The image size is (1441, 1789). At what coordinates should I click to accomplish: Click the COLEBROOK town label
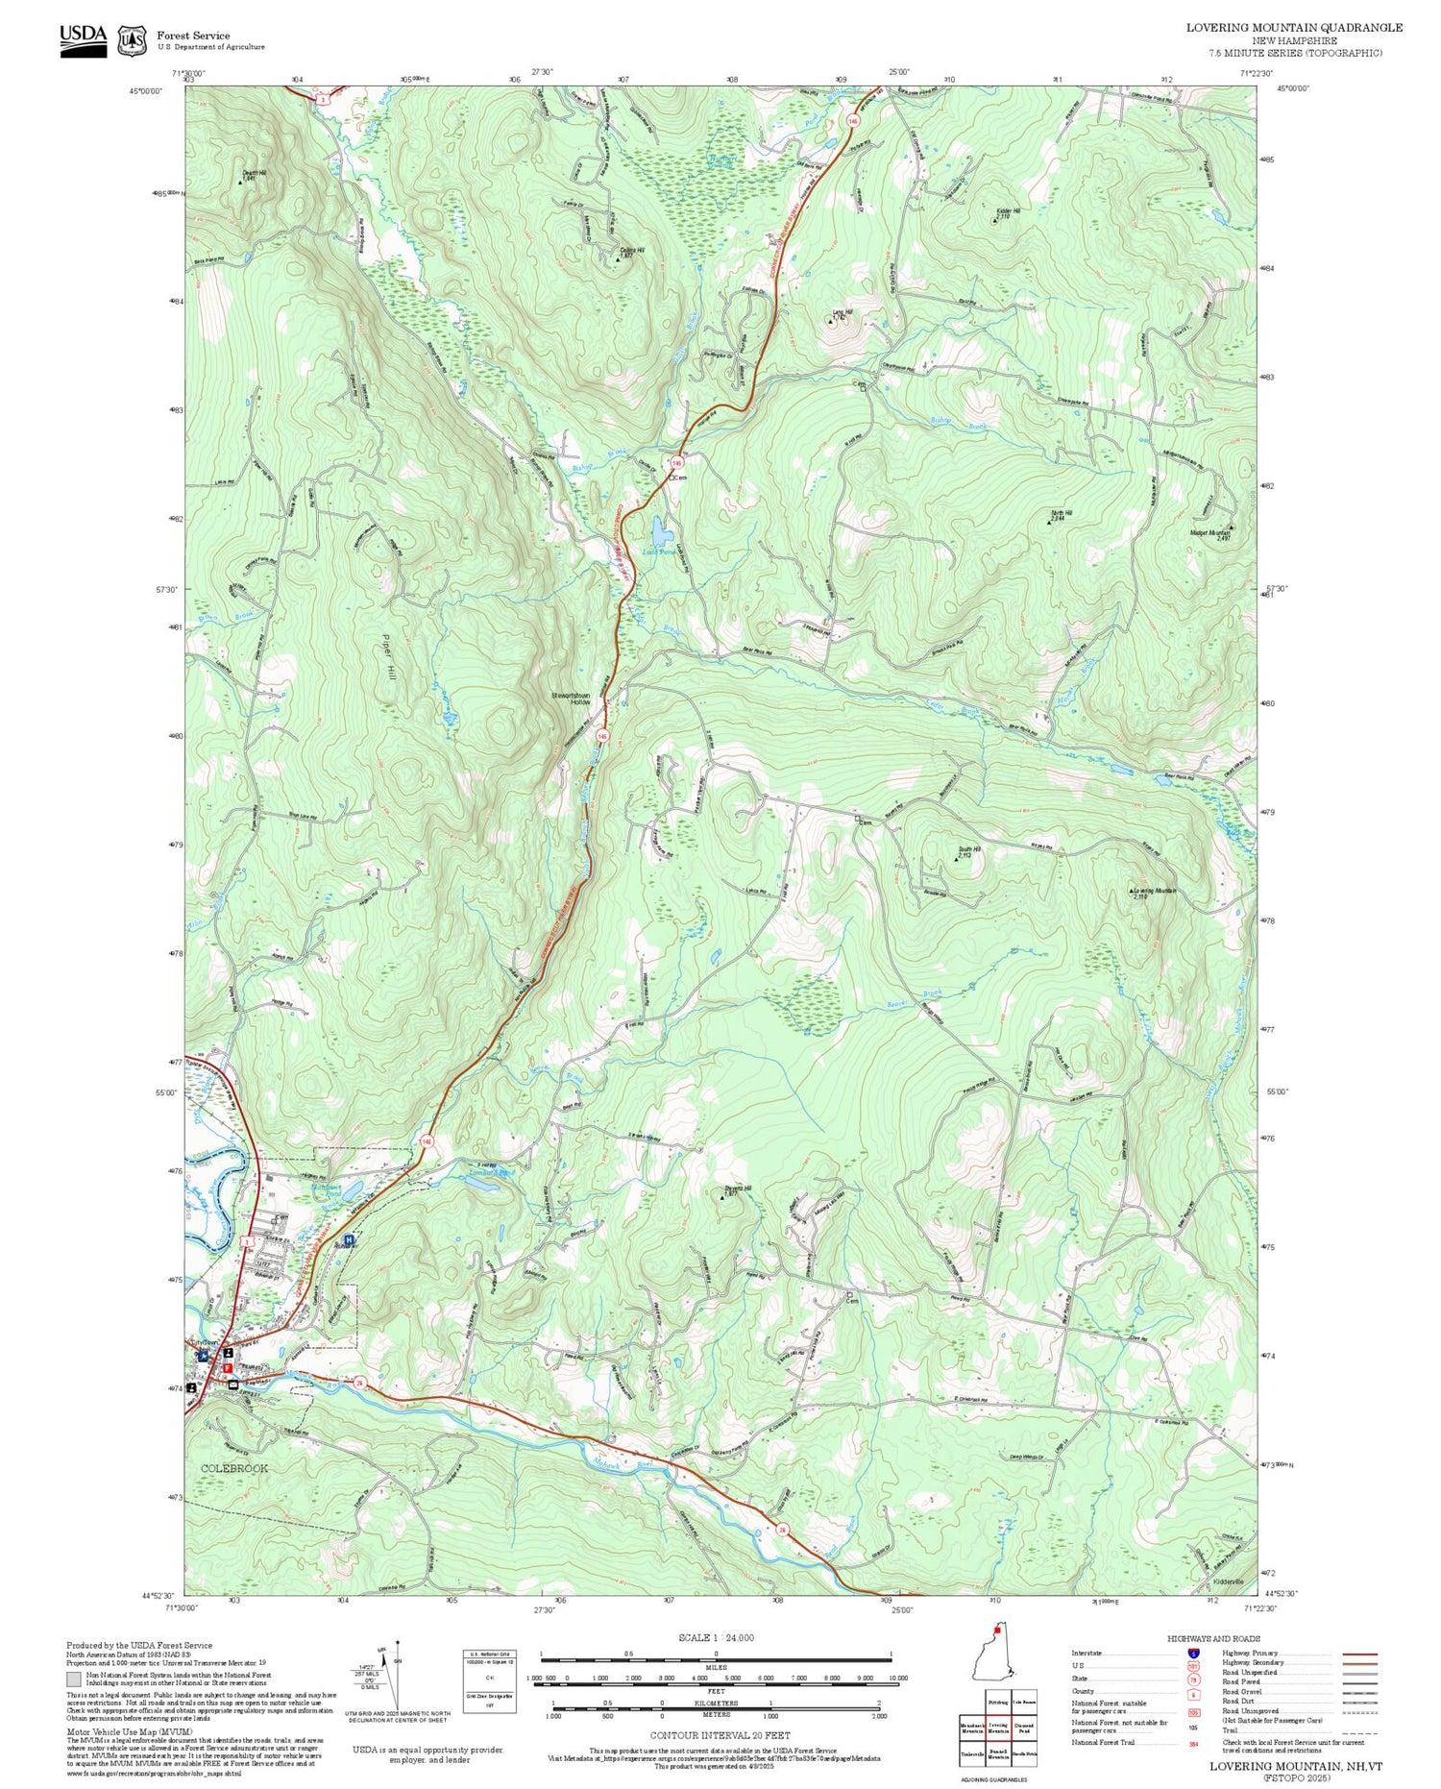234,1468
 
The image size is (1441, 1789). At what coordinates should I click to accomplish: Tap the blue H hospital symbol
349,1239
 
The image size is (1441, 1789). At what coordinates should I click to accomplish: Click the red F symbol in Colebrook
228,1367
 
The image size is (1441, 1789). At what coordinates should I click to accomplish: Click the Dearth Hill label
254,175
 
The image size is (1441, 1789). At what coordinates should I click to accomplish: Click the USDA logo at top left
83,40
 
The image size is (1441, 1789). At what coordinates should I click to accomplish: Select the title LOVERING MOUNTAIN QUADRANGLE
1293,27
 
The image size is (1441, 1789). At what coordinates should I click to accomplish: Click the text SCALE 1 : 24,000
716,1637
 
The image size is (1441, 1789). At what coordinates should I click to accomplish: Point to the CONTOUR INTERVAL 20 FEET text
720,1735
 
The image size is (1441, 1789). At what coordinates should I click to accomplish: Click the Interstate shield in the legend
1192,1653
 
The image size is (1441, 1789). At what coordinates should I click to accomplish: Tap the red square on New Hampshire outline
997,1630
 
